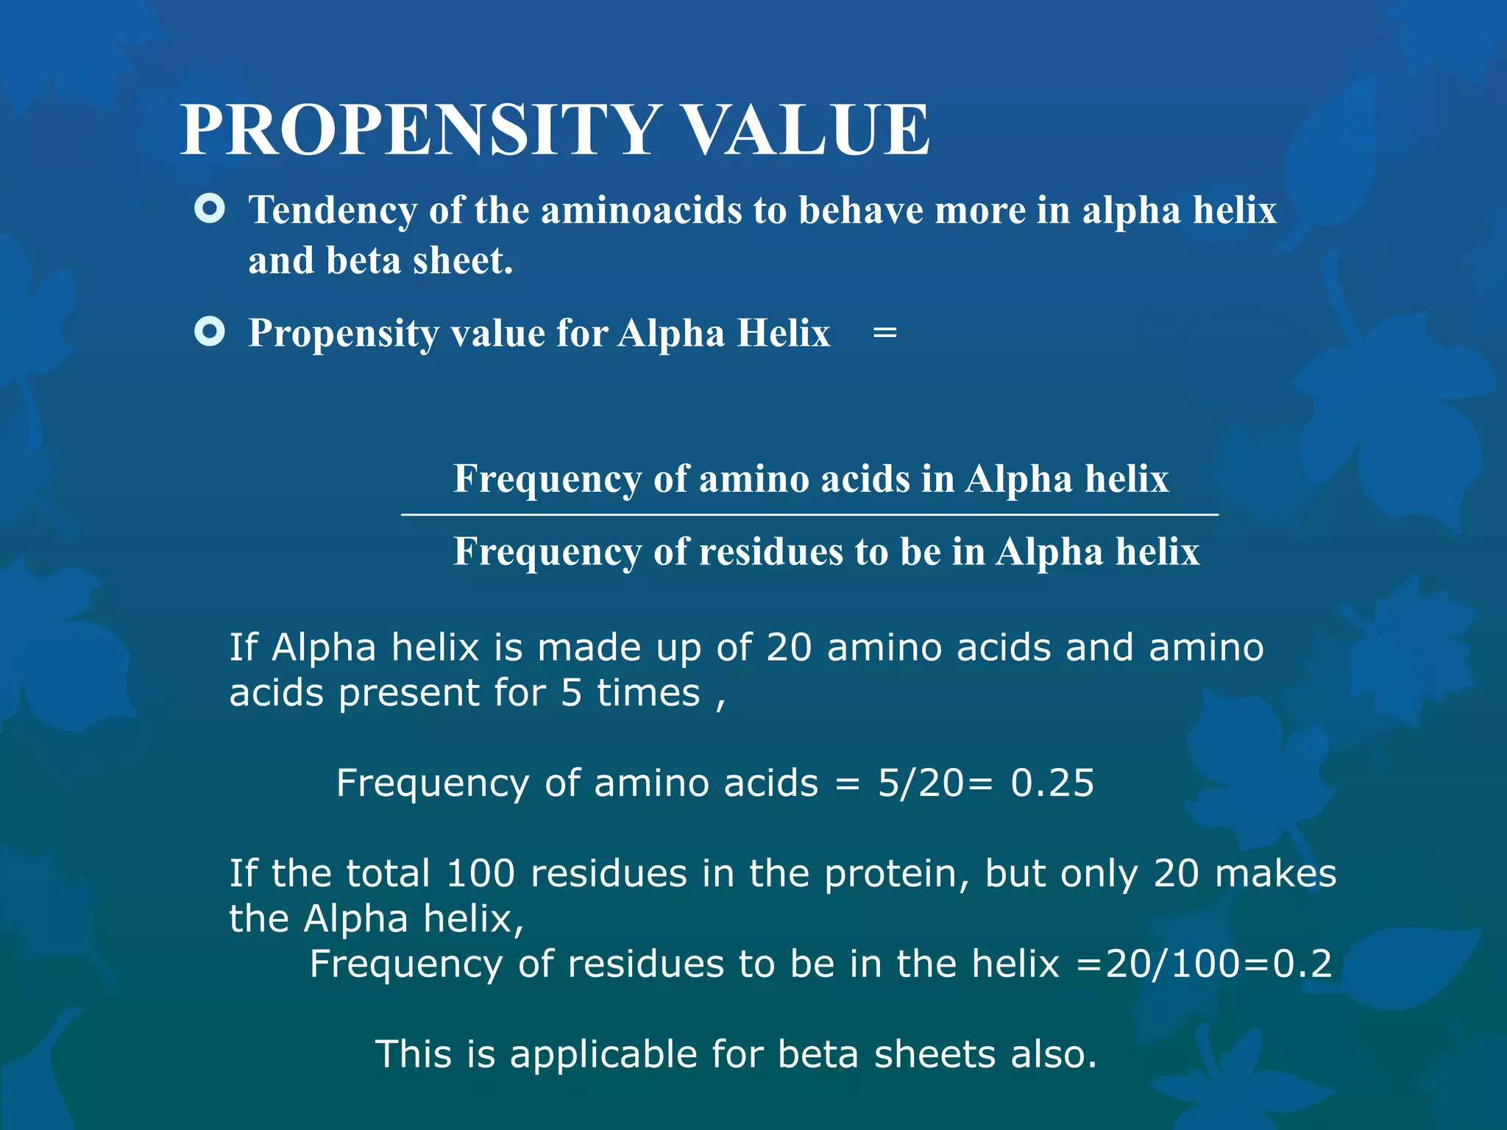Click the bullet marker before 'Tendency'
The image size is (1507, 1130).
click(210, 209)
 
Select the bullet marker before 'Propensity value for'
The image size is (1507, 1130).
click(210, 332)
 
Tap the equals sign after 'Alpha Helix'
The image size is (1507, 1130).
click(884, 333)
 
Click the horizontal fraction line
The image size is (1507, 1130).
click(809, 515)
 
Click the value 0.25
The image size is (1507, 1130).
click(1052, 783)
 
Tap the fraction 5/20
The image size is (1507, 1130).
click(920, 783)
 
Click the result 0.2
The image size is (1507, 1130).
click(1302, 964)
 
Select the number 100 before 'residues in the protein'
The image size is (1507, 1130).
click(481, 874)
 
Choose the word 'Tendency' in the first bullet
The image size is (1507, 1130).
click(333, 210)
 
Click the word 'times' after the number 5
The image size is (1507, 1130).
click(648, 693)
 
